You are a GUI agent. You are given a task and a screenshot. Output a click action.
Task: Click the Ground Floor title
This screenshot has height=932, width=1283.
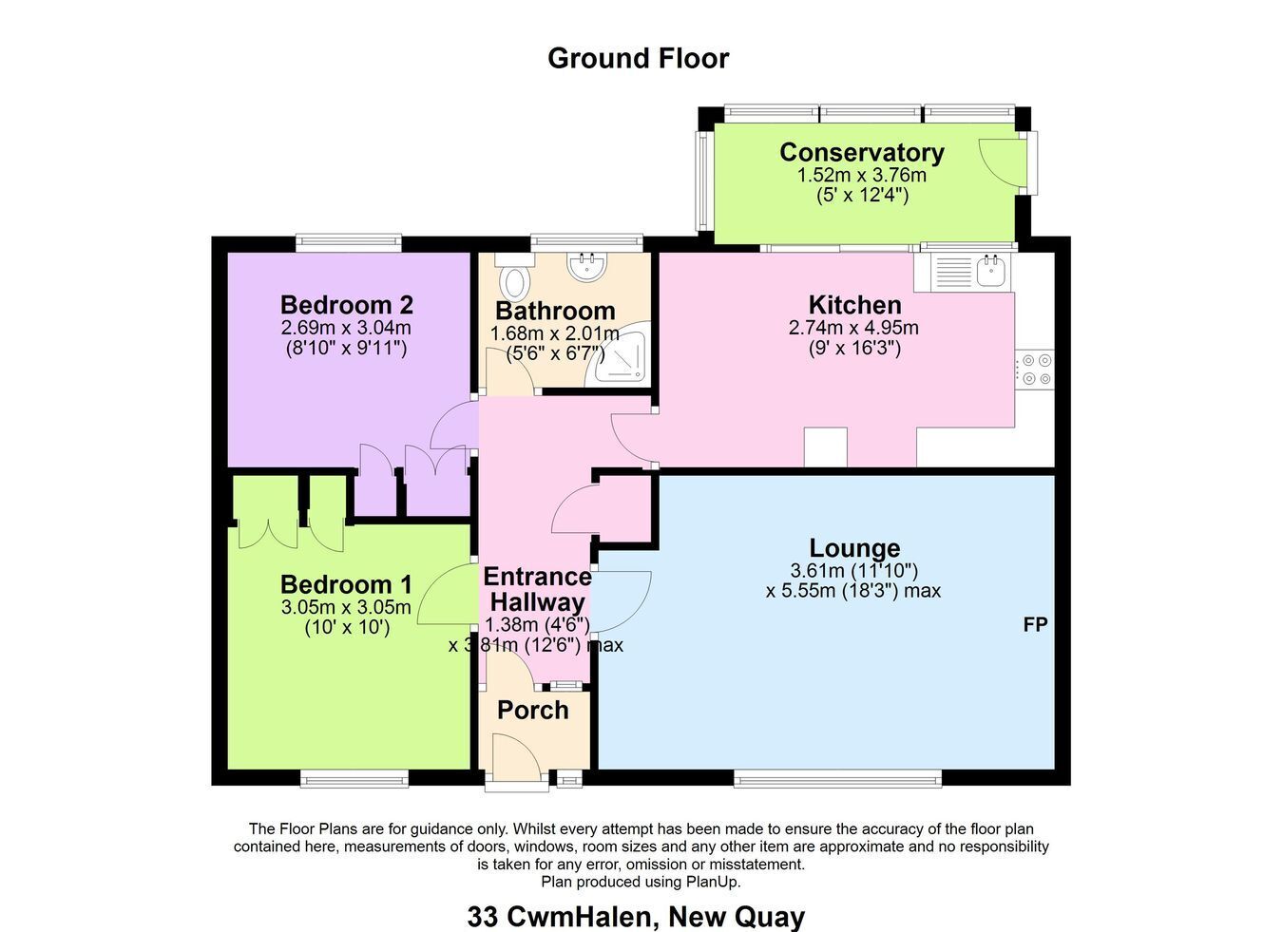pos(638,58)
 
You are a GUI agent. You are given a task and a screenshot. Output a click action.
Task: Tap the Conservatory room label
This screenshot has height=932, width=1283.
pos(862,152)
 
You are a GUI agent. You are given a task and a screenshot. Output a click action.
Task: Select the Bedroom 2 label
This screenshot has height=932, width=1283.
pos(347,305)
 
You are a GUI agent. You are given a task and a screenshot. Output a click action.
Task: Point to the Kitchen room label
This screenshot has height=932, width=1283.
pos(854,305)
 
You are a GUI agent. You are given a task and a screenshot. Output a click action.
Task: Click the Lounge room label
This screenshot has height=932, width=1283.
pos(854,548)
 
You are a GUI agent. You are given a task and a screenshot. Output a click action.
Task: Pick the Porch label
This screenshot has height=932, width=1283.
pos(532,710)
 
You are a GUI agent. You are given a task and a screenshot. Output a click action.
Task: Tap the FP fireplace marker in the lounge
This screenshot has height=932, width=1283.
pos(1036,624)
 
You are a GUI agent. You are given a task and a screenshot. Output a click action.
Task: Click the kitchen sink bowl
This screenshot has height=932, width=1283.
pos(990,272)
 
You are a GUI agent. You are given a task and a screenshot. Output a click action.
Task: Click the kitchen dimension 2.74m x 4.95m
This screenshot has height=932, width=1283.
pos(853,328)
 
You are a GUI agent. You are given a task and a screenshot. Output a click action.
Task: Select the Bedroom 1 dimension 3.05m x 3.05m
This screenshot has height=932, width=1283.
pos(346,607)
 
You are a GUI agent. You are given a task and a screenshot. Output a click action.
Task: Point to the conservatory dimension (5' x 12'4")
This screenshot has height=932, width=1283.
pos(862,196)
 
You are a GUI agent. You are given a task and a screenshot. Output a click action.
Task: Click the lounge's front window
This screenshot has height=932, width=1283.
pos(838,779)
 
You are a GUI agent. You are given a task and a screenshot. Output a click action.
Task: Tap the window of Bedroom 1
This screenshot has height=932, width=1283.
pos(354,779)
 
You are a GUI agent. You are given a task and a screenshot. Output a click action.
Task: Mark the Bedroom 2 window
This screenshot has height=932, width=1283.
pos(349,242)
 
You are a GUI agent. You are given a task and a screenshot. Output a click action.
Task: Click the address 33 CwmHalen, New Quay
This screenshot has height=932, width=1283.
pos(637,916)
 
